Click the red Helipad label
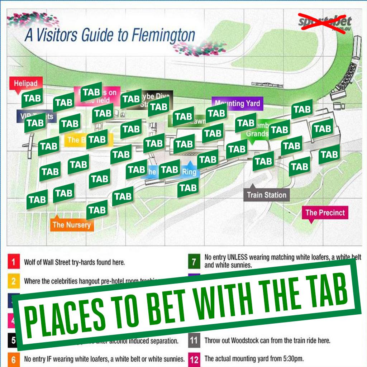(x=26, y=84)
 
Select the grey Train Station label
(x=267, y=195)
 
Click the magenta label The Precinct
(x=325, y=213)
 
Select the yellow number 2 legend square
(x=13, y=281)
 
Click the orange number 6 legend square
(x=13, y=359)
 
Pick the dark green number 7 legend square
(x=194, y=262)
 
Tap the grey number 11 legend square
(x=194, y=340)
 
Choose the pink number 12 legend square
(x=194, y=359)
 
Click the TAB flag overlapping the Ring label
(x=170, y=170)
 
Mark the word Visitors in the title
(x=57, y=37)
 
